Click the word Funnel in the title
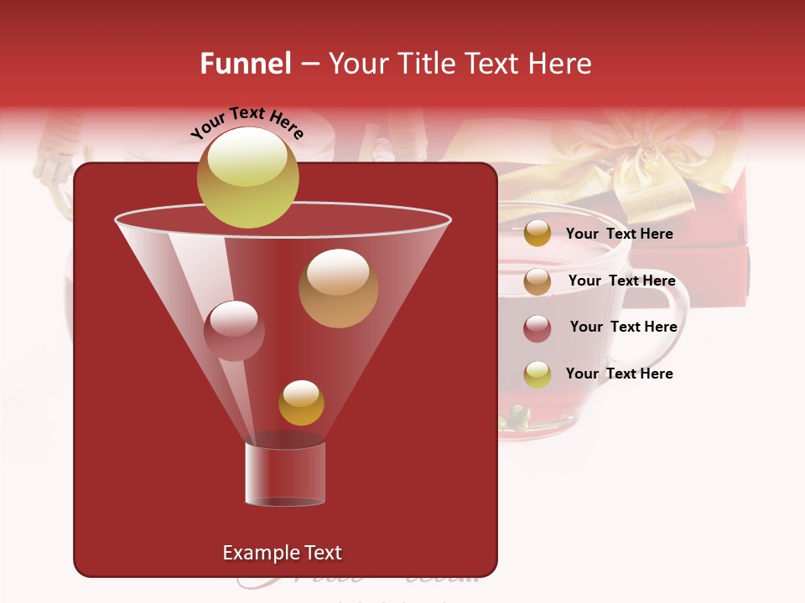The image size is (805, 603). click(245, 64)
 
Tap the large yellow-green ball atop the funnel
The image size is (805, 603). click(247, 178)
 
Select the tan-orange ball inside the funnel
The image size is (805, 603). click(338, 288)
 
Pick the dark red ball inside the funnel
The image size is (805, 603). click(234, 331)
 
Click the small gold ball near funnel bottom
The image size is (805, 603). click(301, 403)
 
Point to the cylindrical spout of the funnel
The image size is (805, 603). click(285, 474)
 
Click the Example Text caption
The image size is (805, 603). click(282, 553)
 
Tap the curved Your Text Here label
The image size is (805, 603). click(247, 122)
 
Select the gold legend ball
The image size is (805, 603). click(538, 234)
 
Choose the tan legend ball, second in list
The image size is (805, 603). click(538, 281)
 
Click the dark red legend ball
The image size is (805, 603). click(538, 328)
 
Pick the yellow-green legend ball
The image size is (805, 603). click(538, 374)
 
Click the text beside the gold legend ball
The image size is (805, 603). click(619, 234)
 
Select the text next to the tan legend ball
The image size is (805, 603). click(621, 281)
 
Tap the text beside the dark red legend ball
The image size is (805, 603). click(623, 327)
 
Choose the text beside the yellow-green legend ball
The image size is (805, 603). click(619, 374)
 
